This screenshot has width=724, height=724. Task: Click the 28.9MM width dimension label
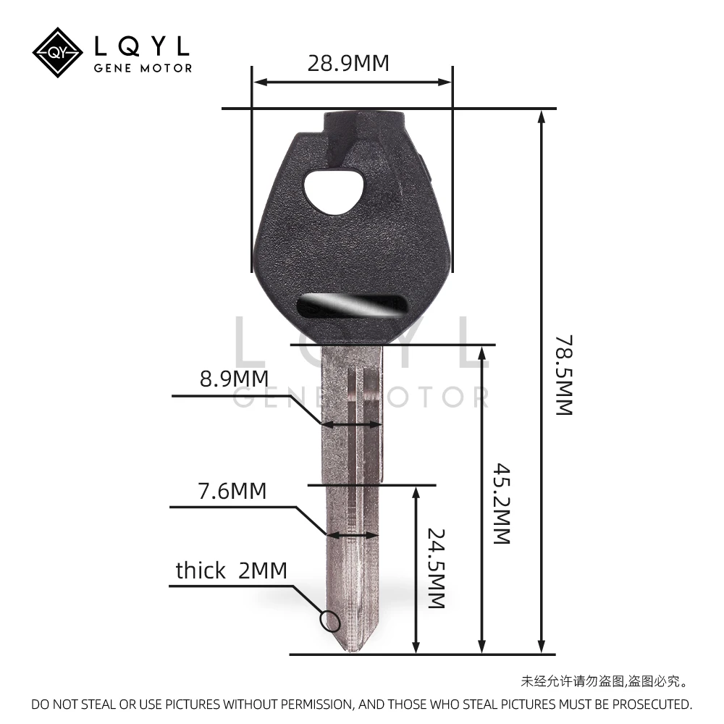[x=348, y=63]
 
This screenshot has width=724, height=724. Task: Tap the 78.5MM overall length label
[x=564, y=374]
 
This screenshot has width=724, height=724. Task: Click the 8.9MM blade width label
[x=234, y=378]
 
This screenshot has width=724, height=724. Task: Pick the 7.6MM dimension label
[x=232, y=491]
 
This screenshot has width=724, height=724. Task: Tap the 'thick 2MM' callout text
[x=231, y=571]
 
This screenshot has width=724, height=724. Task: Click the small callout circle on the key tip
[x=329, y=620]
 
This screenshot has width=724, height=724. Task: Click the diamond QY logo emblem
[x=59, y=53]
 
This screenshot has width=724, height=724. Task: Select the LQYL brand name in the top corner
[x=143, y=46]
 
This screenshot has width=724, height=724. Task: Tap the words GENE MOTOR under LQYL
[x=143, y=68]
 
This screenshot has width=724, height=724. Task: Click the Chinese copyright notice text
[x=604, y=681]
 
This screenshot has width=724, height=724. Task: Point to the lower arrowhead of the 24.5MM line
[x=416, y=647]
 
